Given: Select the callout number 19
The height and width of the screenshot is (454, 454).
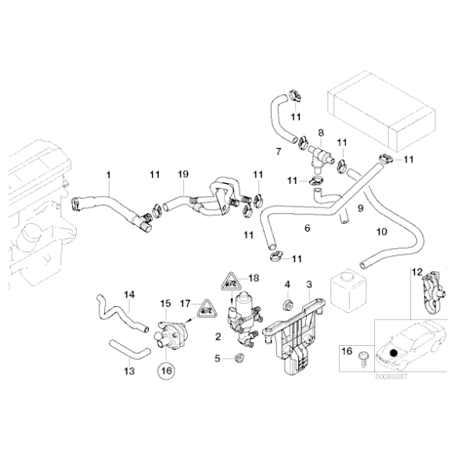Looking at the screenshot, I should pos(182,175).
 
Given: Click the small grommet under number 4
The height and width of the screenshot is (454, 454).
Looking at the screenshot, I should pos(286,301).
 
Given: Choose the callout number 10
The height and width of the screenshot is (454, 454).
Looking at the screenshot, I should pos(381,232).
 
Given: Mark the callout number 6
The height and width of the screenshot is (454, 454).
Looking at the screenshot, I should pos(308,229).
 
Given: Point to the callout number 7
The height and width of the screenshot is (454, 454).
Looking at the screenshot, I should pos(278,150).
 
